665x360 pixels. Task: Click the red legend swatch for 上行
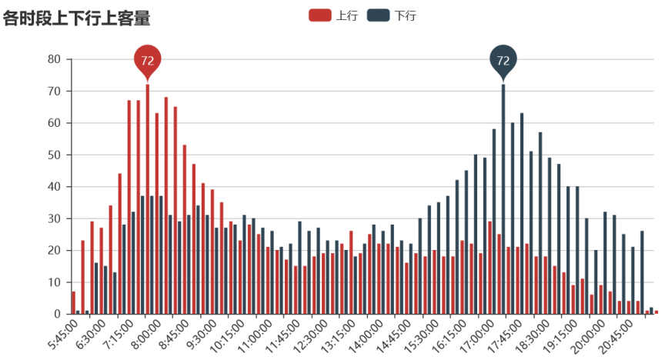point(319,15)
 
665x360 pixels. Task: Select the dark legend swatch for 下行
point(378,15)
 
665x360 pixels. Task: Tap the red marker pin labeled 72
point(147,60)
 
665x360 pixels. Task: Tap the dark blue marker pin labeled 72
point(503,60)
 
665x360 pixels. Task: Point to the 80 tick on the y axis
point(54,59)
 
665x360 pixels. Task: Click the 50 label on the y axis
point(54,155)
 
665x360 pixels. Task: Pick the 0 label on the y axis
point(57,314)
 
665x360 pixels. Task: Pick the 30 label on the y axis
point(54,218)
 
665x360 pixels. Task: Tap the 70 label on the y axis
point(54,91)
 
